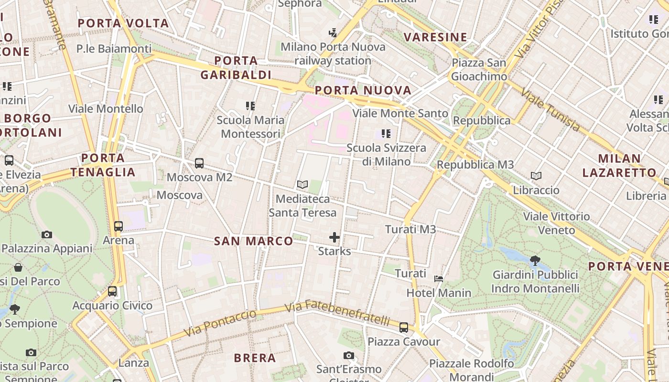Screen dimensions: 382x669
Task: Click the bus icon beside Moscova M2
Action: click(x=199, y=163)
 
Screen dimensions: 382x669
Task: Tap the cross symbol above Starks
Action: click(x=334, y=237)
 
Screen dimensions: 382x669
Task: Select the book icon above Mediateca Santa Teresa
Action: click(x=302, y=184)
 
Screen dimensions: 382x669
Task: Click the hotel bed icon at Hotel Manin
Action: click(x=439, y=278)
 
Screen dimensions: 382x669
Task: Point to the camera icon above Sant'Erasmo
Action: click(x=349, y=355)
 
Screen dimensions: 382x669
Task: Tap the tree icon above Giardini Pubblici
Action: click(x=535, y=261)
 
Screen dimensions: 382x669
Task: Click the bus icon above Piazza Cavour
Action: click(x=404, y=328)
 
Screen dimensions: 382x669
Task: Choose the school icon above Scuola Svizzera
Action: click(x=386, y=134)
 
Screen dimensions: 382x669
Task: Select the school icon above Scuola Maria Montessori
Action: click(x=250, y=106)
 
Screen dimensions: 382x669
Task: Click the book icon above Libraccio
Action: click(x=536, y=176)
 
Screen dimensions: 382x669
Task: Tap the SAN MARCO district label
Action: click(x=253, y=241)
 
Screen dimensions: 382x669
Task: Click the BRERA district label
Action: click(x=255, y=358)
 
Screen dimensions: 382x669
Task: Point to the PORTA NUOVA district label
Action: click(x=363, y=90)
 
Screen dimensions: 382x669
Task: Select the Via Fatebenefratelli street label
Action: click(x=337, y=312)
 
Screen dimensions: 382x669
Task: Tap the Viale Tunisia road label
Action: click(x=550, y=109)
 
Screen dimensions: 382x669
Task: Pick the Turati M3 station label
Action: click(x=410, y=230)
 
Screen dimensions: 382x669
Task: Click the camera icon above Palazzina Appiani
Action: click(x=47, y=234)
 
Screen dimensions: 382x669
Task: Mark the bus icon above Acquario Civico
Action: click(x=112, y=291)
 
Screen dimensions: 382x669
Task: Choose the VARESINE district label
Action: click(x=435, y=37)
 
